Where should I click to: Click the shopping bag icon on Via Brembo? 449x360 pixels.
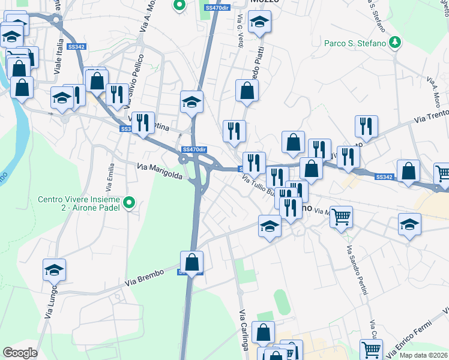coord(191,262)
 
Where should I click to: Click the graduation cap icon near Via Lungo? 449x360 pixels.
coord(54,270)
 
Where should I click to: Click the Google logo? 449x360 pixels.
coord(20,353)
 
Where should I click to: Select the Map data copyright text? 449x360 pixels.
coord(424,355)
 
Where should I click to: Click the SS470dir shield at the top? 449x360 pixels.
coord(217,8)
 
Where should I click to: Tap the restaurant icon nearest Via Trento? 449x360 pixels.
coord(366,127)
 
